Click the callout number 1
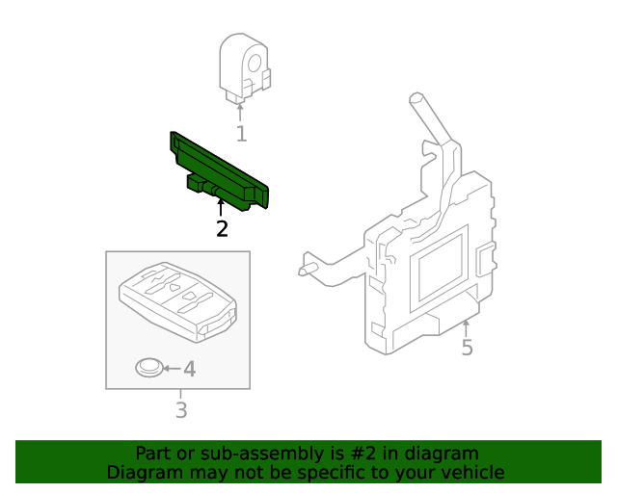[241, 134]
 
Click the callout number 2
[222, 228]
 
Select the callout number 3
[180, 411]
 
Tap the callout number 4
[189, 369]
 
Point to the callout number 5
[467, 348]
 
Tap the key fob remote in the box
[178, 298]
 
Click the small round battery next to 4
[148, 367]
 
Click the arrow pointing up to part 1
[241, 110]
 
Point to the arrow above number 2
[221, 205]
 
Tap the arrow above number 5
[467, 326]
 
